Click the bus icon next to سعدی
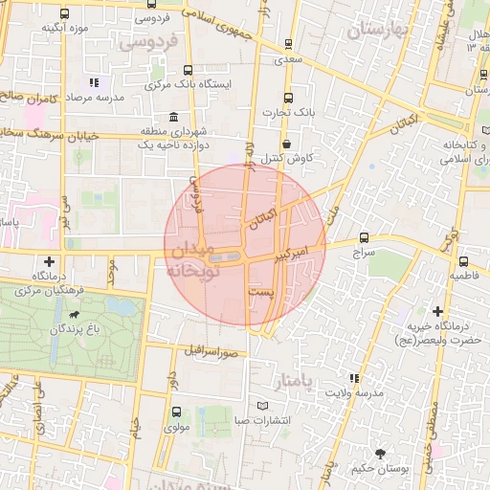pos(288,44)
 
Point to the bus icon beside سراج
pos(363,237)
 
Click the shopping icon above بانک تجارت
pos(287,98)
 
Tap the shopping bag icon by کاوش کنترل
pos(286,142)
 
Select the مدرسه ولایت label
pos(353,392)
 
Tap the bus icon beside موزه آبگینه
pos(64,13)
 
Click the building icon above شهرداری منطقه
pos(173,118)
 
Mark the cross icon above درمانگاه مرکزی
pos(49,260)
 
